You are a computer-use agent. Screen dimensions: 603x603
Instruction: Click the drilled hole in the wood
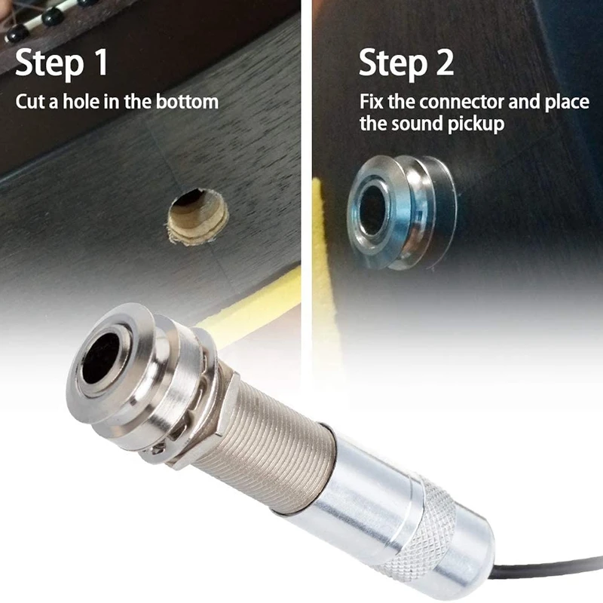click(197, 217)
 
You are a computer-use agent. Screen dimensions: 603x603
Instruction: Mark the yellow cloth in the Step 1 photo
click(249, 309)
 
